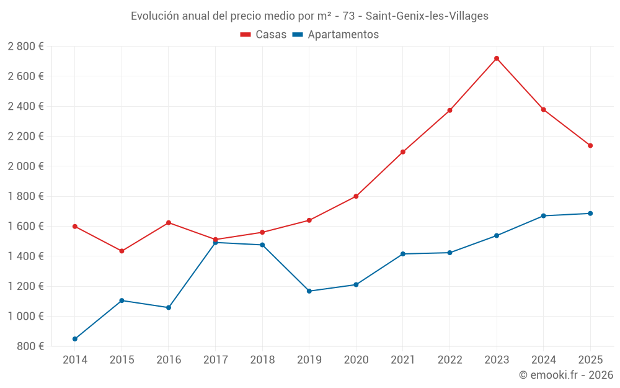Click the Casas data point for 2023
497,58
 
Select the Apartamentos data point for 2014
75,339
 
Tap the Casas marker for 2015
122,251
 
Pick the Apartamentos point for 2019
309,291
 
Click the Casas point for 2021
403,152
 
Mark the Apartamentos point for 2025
590,214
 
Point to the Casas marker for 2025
590,146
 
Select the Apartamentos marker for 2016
169,307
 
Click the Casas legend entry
263,35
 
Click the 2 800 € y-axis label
25,47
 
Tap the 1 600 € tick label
25,227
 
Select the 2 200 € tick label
25,137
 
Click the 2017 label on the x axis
215,360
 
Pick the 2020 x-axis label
356,360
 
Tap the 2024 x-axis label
543,360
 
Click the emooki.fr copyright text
565,375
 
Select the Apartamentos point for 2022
449,253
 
